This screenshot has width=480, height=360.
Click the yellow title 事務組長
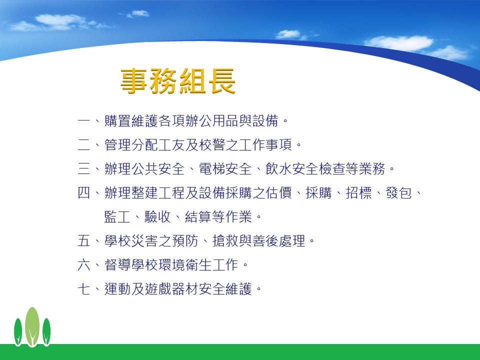pos(178,81)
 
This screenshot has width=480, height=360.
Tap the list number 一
pos(84,120)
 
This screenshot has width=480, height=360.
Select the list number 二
pos(84,145)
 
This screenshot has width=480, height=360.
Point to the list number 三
pos(84,168)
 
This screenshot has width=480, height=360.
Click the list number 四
pos(84,193)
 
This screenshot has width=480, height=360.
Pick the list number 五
pos(84,240)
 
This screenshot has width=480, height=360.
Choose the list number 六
pos(84,265)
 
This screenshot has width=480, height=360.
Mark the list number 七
pos(84,288)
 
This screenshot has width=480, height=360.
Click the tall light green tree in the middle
pos(32,326)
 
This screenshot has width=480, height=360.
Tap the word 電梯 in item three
pos(212,168)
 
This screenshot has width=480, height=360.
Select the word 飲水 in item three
pos(279,168)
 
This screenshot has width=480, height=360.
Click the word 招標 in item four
pos(359,193)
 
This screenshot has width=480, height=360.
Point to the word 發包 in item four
pos(398,193)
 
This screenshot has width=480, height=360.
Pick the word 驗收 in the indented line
pos(157,216)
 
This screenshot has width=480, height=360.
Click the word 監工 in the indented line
pos(117,216)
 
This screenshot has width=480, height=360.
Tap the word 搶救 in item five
pos(225,240)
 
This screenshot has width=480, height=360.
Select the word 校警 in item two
pos(212,145)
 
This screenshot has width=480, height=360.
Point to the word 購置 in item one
pos(117,120)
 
